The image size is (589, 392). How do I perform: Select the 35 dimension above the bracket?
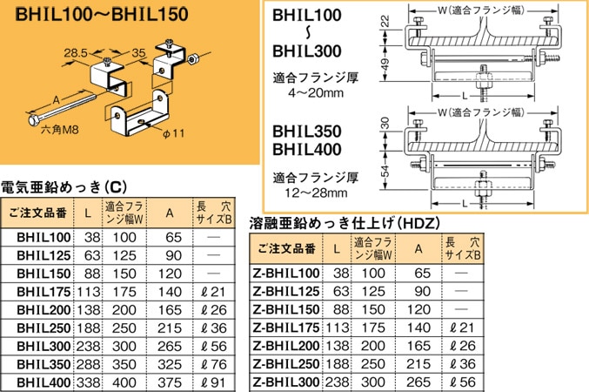pyautogui.click(x=138, y=53)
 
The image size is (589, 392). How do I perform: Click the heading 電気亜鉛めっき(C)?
pyautogui.click(x=64, y=186)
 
